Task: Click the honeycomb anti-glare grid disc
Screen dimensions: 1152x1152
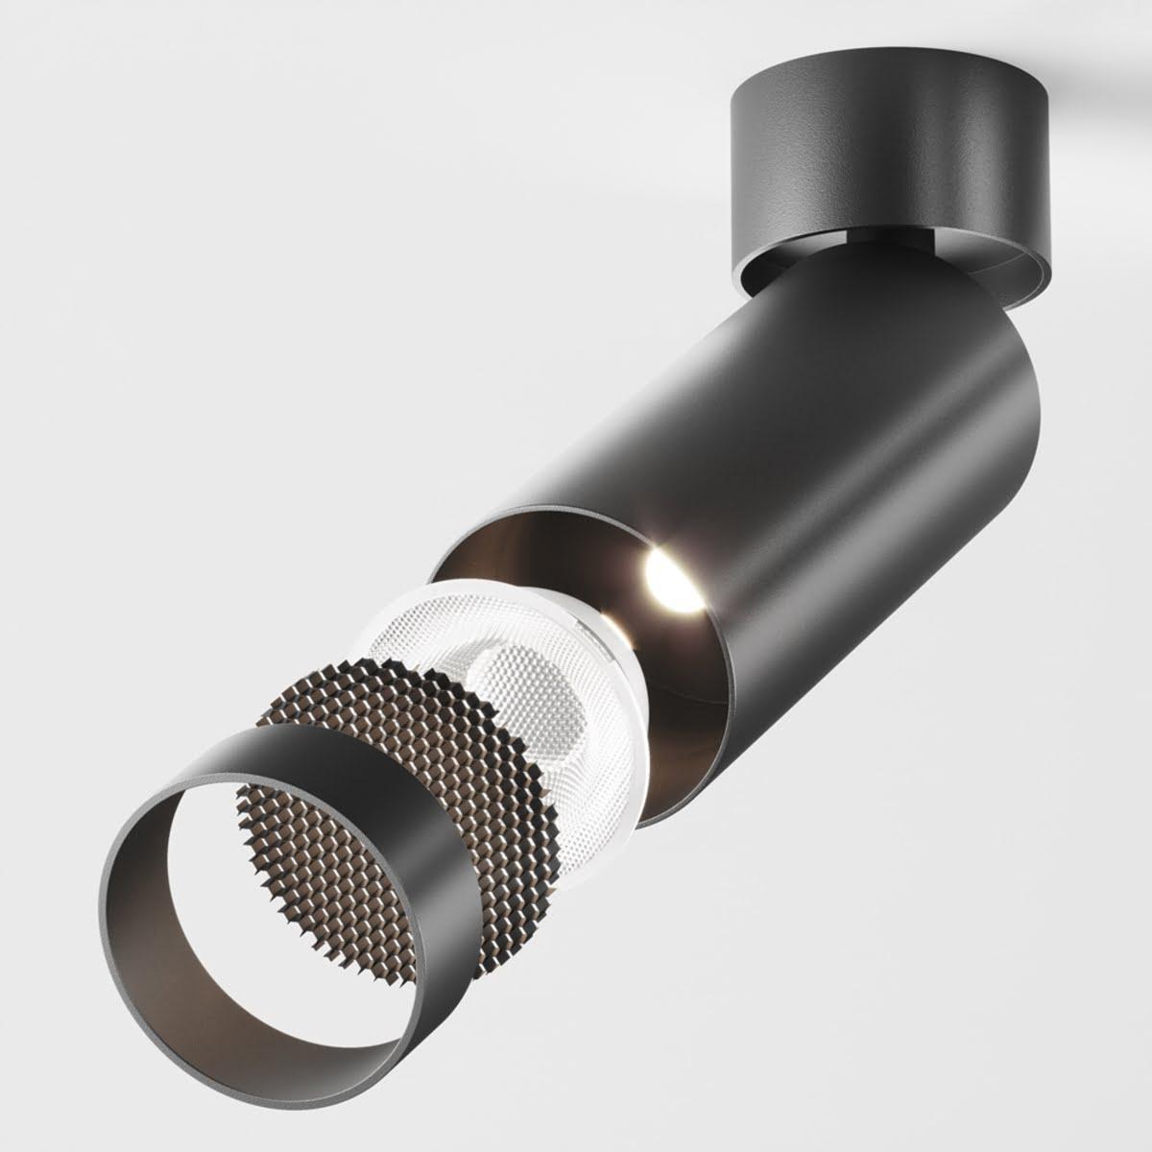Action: click(x=384, y=730)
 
